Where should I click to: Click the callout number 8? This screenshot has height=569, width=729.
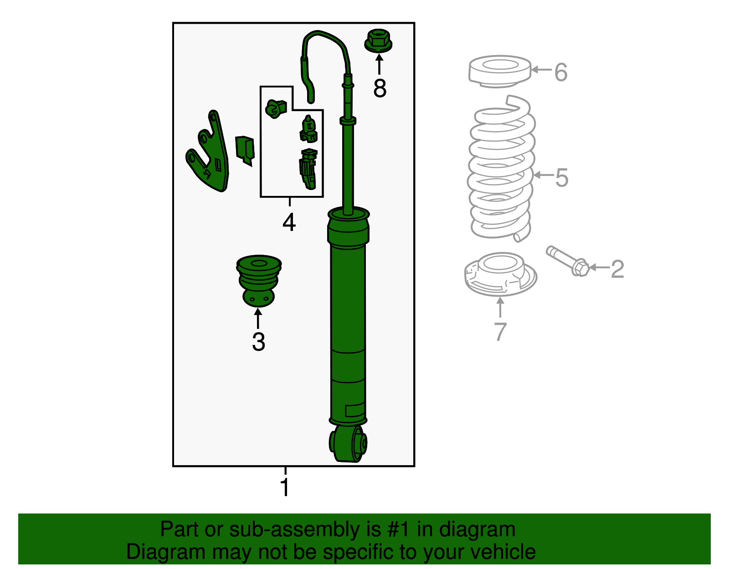pyautogui.click(x=380, y=88)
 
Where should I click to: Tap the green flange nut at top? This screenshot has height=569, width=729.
pyautogui.click(x=378, y=41)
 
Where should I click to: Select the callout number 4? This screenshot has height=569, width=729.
pyautogui.click(x=289, y=223)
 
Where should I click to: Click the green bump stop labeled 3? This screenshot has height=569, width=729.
pyautogui.click(x=259, y=280)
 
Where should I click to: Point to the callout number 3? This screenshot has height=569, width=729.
pyautogui.click(x=258, y=342)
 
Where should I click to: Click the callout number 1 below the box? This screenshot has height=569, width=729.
pyautogui.click(x=285, y=488)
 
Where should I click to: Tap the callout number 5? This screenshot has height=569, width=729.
pyautogui.click(x=561, y=178)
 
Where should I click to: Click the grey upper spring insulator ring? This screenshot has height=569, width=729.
pyautogui.click(x=500, y=72)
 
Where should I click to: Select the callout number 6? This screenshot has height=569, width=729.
pyautogui.click(x=561, y=72)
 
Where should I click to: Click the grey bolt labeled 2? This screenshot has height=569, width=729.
pyautogui.click(x=568, y=261)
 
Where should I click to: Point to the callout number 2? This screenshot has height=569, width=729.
pyautogui.click(x=617, y=269)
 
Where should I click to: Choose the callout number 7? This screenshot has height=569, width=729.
pyautogui.click(x=500, y=332)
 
